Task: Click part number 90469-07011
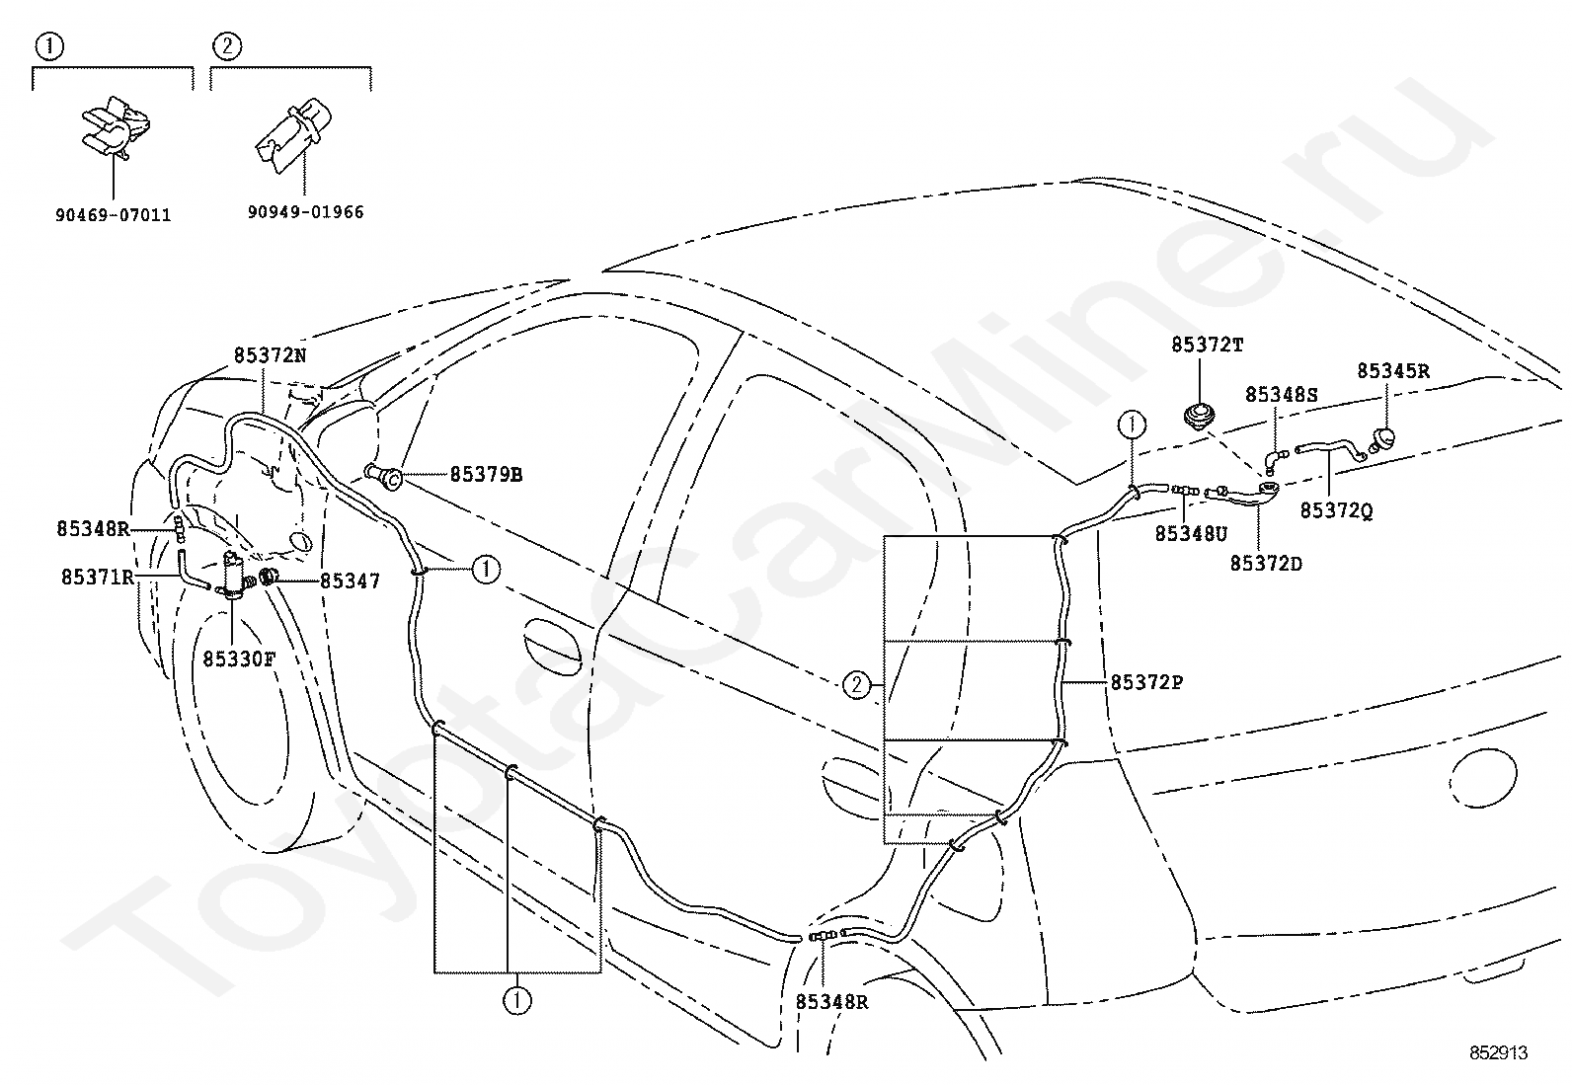coord(113,215)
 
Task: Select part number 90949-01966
coord(305,212)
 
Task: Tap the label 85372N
coord(270,355)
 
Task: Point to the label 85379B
coord(486,475)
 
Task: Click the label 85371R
coord(98,577)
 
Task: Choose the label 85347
coord(350,581)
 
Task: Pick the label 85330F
coord(239,659)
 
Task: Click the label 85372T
coord(1207,345)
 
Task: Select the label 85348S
coord(1282,395)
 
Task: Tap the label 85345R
coord(1393,370)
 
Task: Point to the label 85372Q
coord(1336,510)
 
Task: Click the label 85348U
coord(1191,534)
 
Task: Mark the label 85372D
coord(1266,564)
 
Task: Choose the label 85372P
coord(1146,682)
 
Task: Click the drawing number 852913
coord(1498,1052)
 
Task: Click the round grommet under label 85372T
coord(1200,416)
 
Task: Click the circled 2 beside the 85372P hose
coord(856,684)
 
